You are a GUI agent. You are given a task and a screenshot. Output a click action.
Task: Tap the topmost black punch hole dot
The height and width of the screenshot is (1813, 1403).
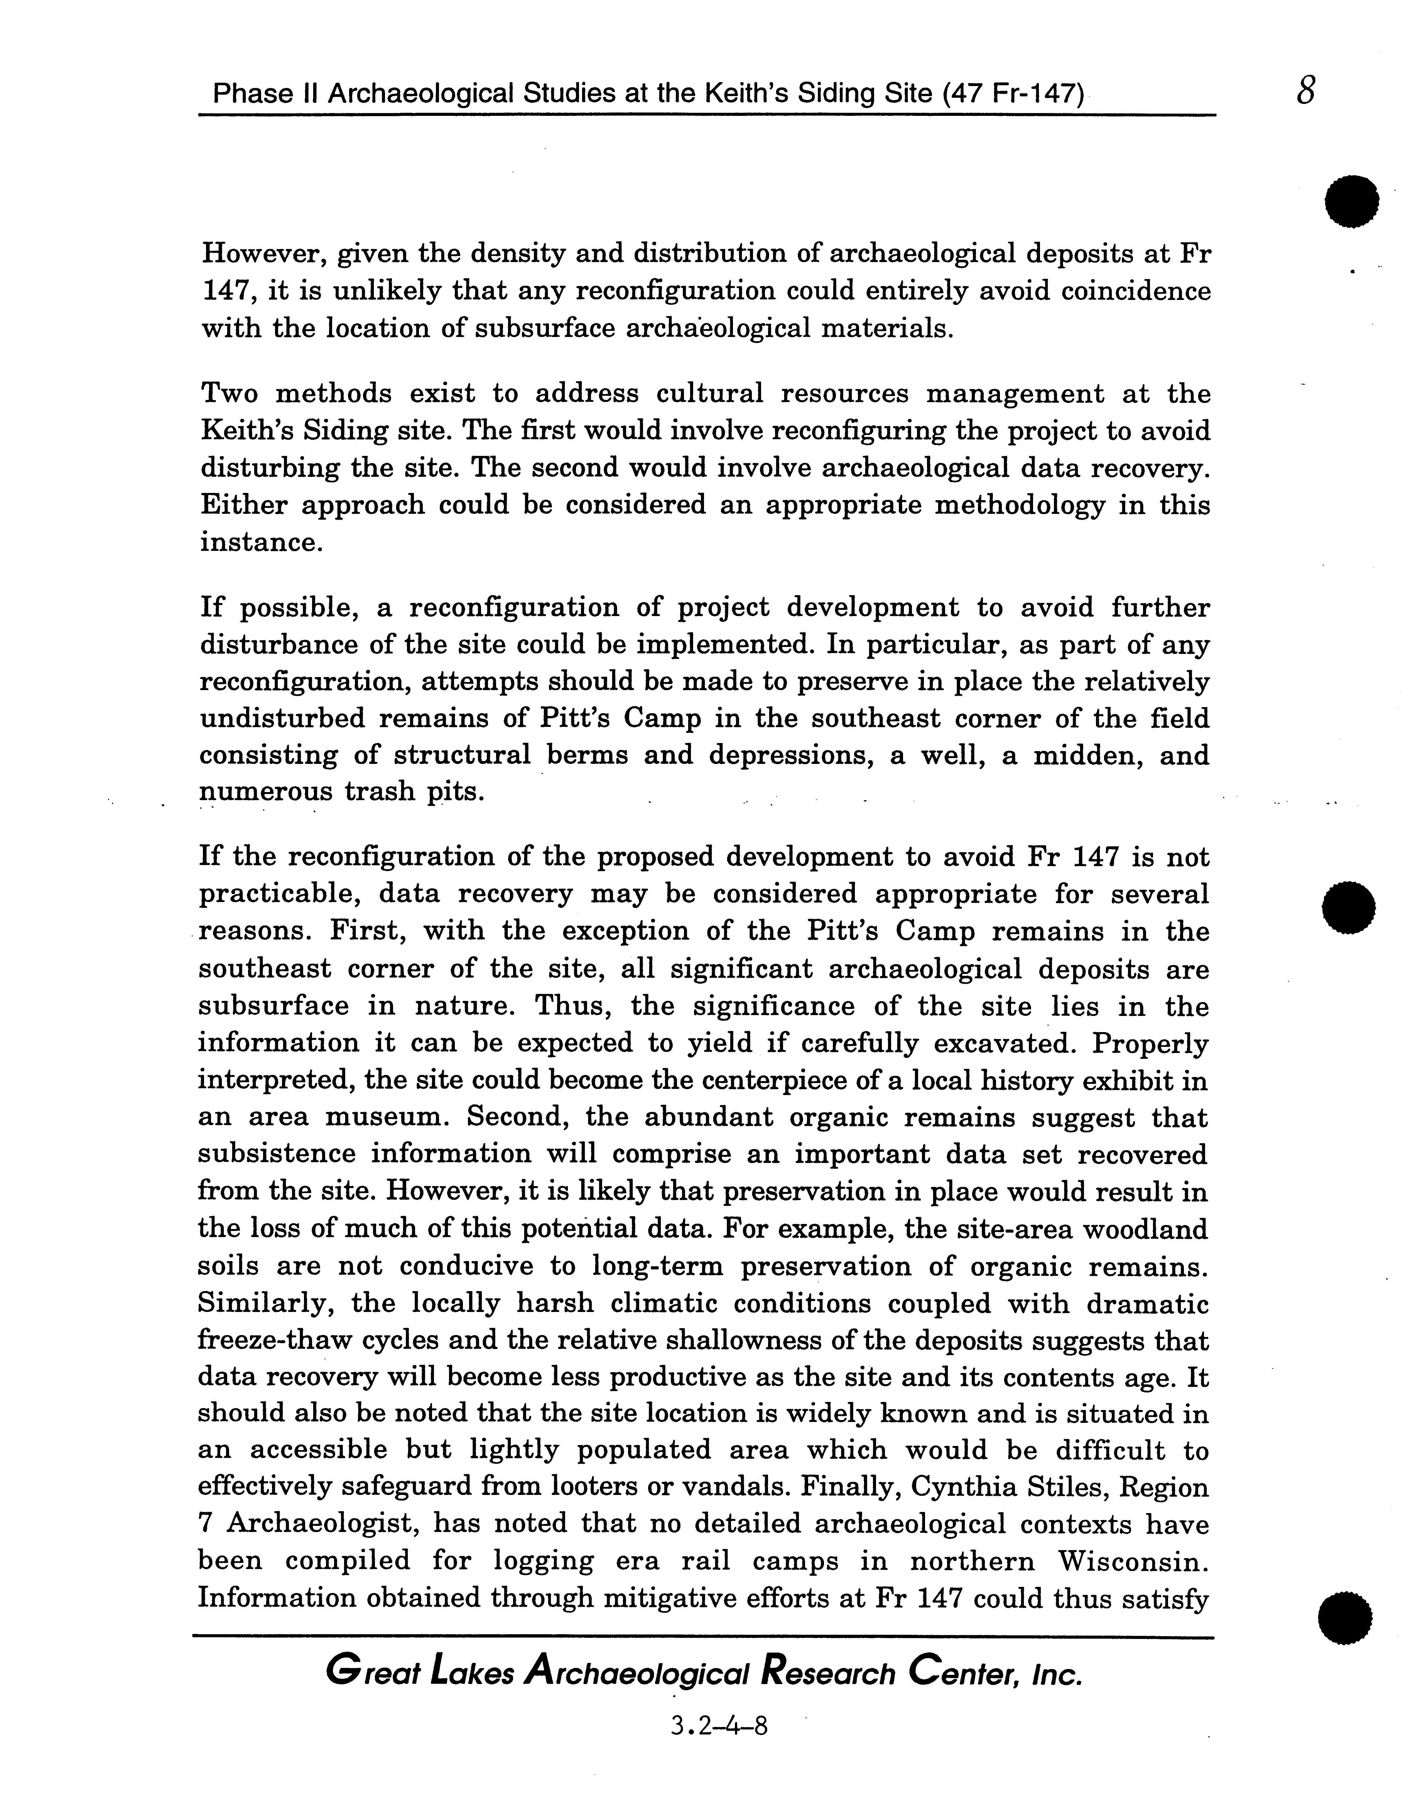point(1352,201)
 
